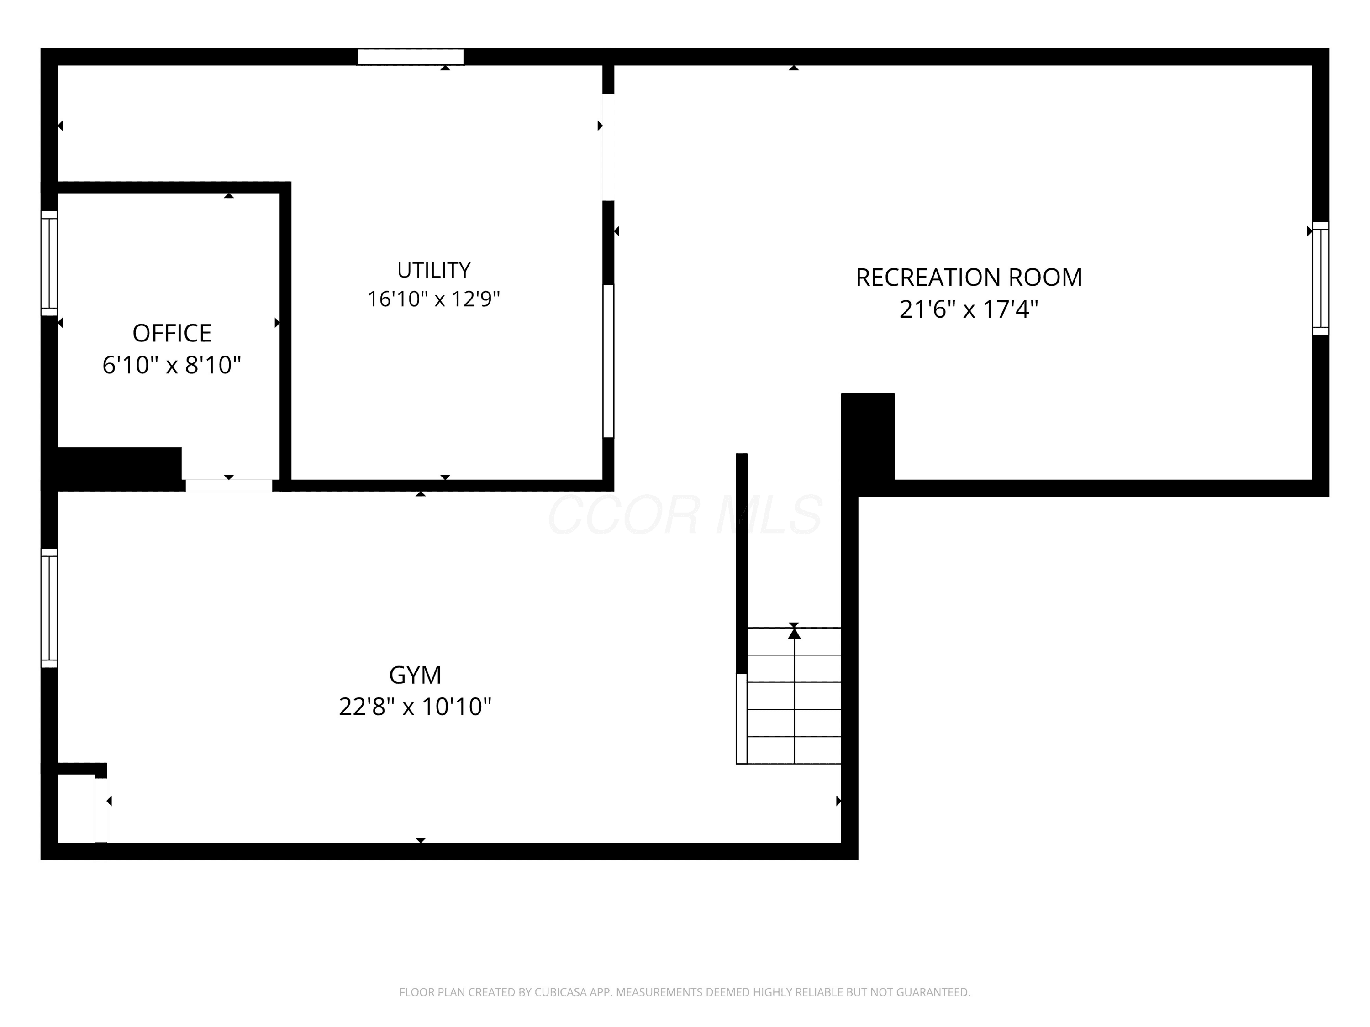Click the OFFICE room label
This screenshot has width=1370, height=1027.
click(172, 333)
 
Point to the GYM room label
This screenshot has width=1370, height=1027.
click(415, 675)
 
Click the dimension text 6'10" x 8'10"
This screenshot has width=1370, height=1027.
click(172, 365)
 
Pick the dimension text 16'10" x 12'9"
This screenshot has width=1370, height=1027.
click(433, 299)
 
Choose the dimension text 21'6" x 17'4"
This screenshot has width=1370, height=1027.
click(969, 309)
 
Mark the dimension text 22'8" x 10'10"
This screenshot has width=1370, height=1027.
click(415, 706)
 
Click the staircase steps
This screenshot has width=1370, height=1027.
click(794, 696)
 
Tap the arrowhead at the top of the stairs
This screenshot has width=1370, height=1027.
click(794, 633)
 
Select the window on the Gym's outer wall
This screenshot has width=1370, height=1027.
click(49, 608)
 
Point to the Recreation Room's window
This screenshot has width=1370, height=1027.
click(1321, 278)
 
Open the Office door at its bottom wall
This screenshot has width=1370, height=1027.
click(228, 485)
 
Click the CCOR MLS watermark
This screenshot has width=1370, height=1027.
click(685, 514)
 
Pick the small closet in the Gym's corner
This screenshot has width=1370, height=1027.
click(76, 808)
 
